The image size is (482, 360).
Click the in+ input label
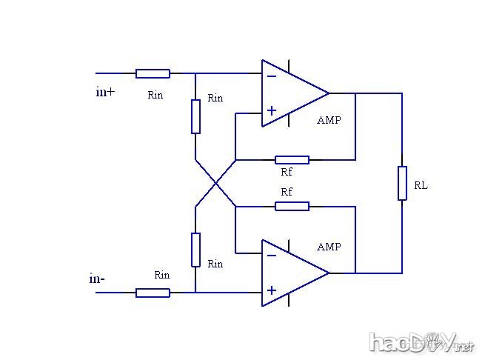(x=106, y=93)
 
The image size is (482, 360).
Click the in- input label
(x=97, y=279)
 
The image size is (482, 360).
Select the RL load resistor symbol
(x=402, y=183)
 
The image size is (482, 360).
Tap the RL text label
(x=421, y=186)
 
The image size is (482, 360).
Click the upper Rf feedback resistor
(x=292, y=159)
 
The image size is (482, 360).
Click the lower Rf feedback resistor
(x=292, y=206)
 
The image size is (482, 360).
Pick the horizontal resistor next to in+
(x=153, y=73)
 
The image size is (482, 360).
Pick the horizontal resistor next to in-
(x=153, y=293)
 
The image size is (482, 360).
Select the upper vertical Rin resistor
(x=195, y=116)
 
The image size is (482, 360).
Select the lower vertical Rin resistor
(x=195, y=250)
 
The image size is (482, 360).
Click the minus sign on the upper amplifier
(x=272, y=76)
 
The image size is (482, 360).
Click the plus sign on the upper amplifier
(x=272, y=111)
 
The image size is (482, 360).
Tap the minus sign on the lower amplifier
(x=272, y=256)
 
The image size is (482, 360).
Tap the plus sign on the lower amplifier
(x=272, y=291)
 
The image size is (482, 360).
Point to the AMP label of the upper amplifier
(x=329, y=120)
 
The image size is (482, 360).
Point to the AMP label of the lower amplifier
(x=329, y=247)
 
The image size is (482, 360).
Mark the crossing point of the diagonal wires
(x=215, y=183)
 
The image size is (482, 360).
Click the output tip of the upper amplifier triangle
(x=329, y=93)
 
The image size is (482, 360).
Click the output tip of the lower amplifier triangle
(x=329, y=273)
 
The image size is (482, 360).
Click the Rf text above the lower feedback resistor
(x=287, y=192)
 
